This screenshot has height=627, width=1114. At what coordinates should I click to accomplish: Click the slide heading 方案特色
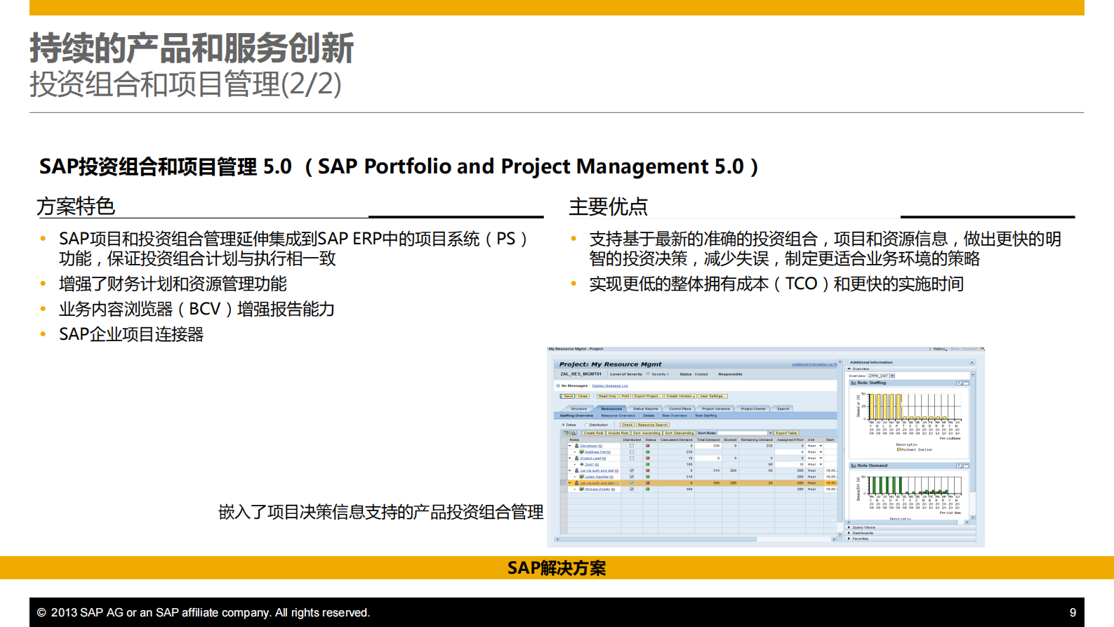75,206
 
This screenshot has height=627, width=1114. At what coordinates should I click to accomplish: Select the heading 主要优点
608,206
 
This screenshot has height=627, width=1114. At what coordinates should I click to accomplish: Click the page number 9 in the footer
1073,612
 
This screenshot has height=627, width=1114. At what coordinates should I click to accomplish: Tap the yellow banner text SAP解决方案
556,568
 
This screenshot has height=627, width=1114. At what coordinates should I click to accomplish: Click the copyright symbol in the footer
41,613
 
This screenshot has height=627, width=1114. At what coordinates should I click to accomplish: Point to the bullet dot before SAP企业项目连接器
43,335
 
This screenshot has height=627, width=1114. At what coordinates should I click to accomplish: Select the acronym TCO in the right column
801,284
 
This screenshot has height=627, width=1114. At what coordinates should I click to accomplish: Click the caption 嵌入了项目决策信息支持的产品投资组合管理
380,512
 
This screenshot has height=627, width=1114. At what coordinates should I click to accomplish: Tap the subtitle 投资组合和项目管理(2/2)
185,84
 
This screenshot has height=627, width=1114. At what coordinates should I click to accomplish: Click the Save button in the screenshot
568,396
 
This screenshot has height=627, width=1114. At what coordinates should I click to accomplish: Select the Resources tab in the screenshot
611,409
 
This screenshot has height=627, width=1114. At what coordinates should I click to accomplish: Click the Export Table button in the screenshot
786,433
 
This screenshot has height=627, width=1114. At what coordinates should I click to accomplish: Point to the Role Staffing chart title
871,383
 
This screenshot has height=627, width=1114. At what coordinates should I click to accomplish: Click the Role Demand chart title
872,466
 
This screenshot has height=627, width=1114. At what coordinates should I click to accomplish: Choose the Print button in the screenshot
625,396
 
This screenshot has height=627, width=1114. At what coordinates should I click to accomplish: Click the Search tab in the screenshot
783,409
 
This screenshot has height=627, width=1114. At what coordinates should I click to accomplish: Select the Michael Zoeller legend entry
915,449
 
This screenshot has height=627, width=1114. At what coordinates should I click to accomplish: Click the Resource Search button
652,425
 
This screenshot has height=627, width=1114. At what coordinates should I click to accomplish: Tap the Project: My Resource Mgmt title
610,364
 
